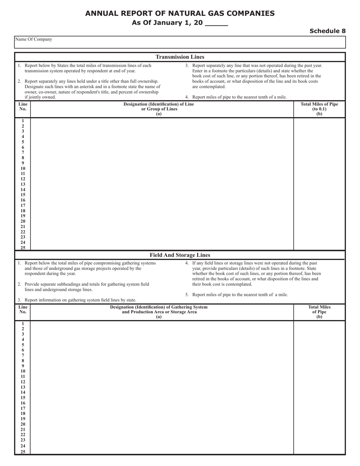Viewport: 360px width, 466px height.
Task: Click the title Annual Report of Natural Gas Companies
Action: point(180,13)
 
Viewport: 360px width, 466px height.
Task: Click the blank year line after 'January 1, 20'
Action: point(216,23)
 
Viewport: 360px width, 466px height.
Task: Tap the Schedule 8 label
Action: point(327,31)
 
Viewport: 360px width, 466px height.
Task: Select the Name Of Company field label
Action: point(34,39)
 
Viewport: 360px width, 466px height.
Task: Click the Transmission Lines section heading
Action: point(180,57)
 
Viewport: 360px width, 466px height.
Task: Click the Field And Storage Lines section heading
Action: point(180,255)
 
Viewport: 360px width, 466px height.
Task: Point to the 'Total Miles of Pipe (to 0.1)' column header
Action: point(319,109)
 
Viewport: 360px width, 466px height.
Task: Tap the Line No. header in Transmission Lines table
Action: point(23,106)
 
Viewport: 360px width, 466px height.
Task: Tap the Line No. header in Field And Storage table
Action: point(23,310)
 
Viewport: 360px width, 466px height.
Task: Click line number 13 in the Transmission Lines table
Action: point(23,184)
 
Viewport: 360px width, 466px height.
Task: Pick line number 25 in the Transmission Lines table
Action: point(23,248)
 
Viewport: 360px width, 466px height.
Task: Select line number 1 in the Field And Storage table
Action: point(23,324)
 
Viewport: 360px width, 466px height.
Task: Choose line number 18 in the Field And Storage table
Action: point(23,414)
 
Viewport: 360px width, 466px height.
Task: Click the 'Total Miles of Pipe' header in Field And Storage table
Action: point(319,310)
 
